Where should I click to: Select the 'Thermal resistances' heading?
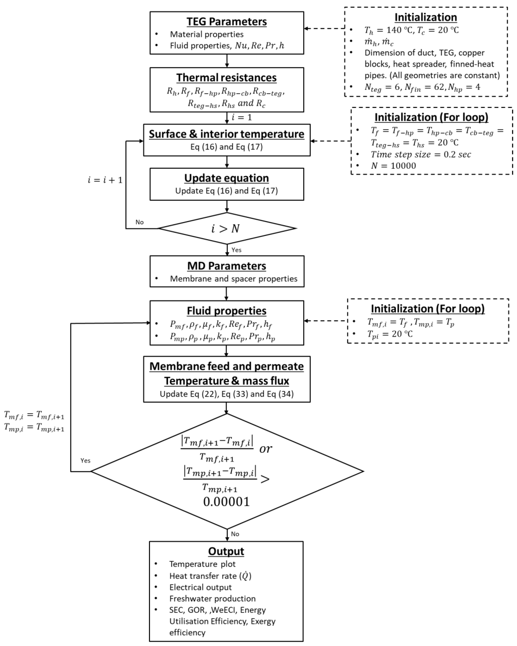226,78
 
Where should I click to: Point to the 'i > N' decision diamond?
226,228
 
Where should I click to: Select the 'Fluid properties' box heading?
226,311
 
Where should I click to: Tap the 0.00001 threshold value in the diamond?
226,502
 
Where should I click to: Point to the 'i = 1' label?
242,117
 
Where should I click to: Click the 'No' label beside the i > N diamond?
139,222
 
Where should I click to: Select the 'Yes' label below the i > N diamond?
236,250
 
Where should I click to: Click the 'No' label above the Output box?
235,534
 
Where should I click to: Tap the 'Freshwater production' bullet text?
212,599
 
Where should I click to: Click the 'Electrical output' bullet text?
200,587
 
